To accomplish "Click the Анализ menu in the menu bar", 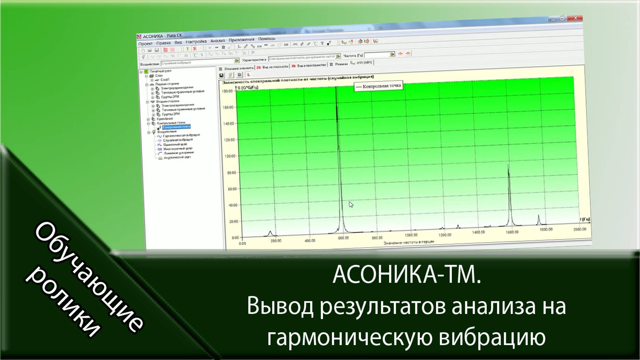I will tap(217, 41).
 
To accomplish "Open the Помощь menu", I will tap(266, 39).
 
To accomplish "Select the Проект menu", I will tap(145, 44).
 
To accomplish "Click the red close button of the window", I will tap(576, 18).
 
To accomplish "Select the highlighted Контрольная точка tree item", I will tap(176, 127).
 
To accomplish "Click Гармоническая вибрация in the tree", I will tap(181, 135).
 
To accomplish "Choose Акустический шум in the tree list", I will tap(177, 157).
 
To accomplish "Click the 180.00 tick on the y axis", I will tap(227, 91).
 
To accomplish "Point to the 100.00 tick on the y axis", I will tap(229, 156).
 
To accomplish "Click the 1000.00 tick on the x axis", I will tap(411, 235).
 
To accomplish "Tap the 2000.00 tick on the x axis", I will tap(580, 229).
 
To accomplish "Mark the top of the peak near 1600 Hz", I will tap(508, 166).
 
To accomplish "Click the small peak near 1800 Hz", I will tap(539, 216).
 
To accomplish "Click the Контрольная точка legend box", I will tap(379, 86).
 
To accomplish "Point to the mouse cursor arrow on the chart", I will tap(351, 204).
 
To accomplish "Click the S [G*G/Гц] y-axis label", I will tap(248, 88).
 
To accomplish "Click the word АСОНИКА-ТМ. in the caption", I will tap(407, 275).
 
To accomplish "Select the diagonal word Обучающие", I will tap(89, 276).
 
